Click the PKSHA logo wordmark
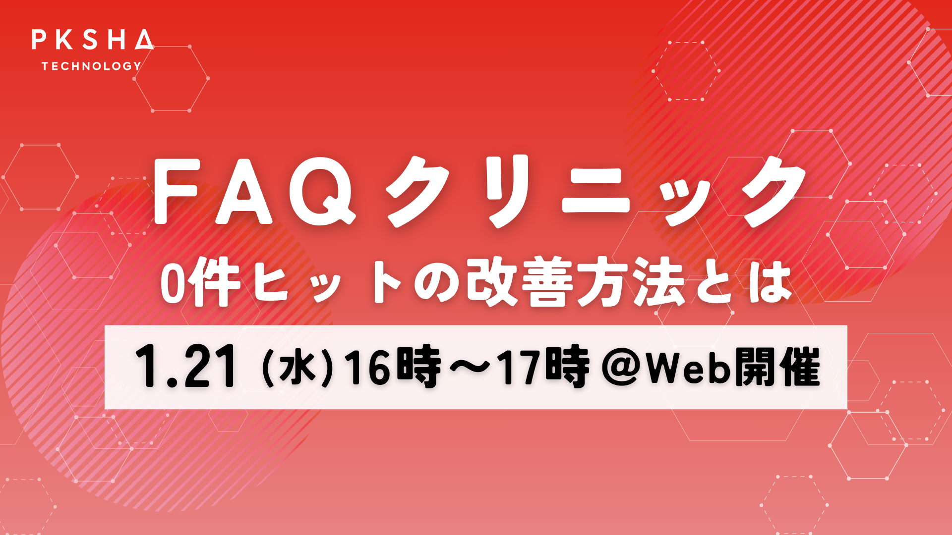(93, 40)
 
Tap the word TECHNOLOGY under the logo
(92, 66)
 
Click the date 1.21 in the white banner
(185, 367)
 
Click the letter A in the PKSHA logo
(144, 40)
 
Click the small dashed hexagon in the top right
(686, 71)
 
